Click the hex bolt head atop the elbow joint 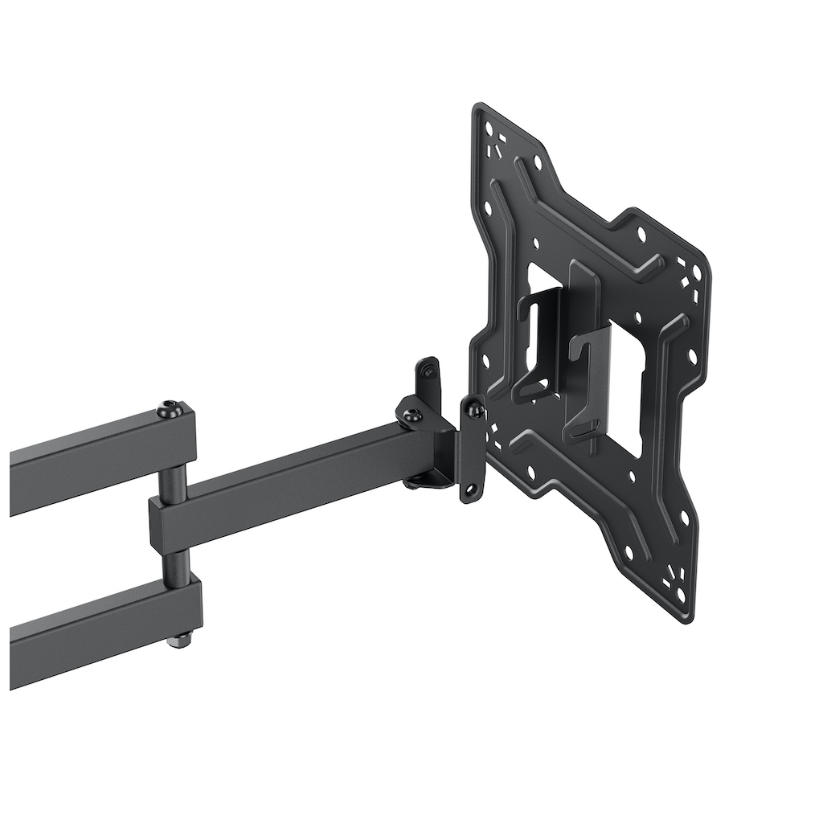coord(170,408)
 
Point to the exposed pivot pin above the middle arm coord(174,480)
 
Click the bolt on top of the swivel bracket coord(412,416)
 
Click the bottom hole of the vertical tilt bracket coord(473,487)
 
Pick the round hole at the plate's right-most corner coord(696,275)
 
